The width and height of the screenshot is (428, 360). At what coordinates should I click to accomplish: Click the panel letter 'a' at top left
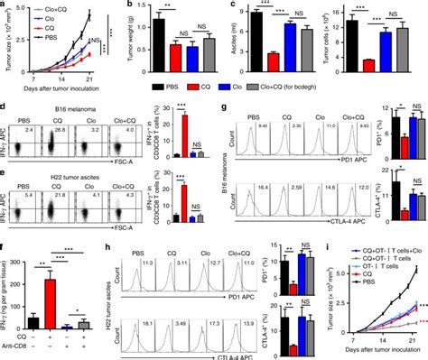point(5,5)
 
